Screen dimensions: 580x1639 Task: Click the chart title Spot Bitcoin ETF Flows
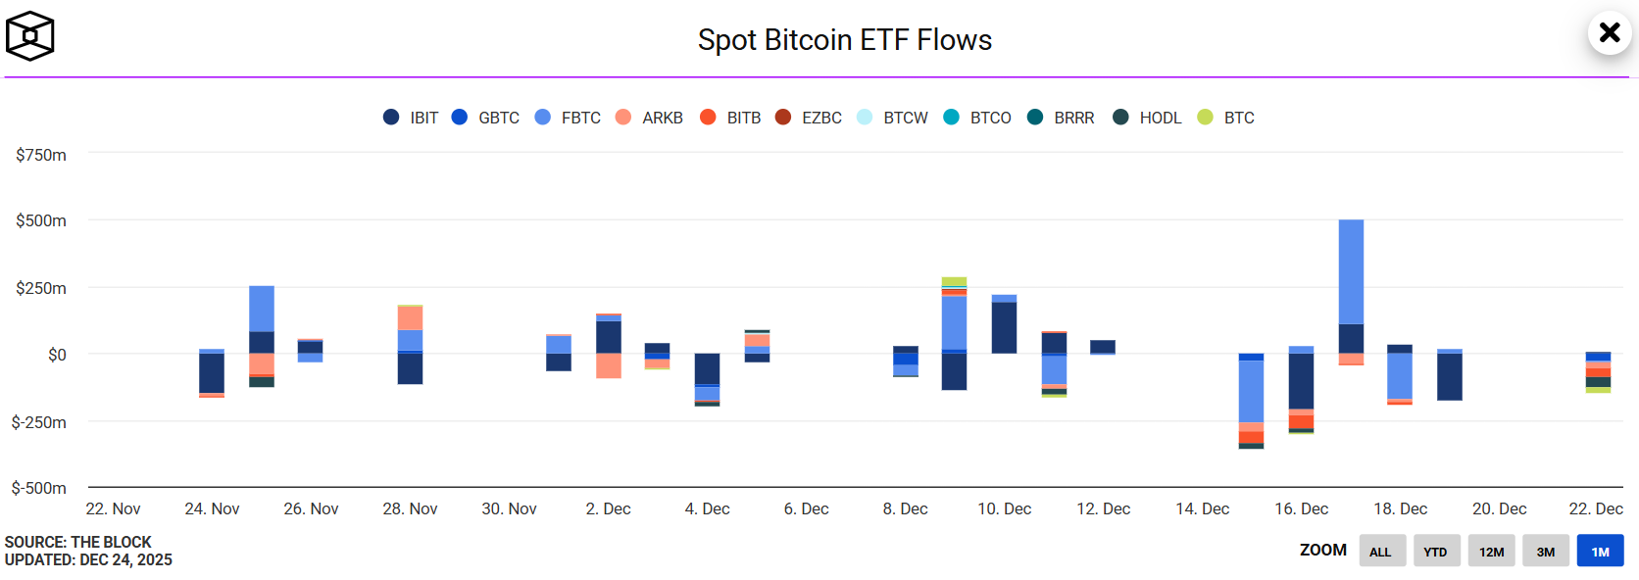click(x=844, y=40)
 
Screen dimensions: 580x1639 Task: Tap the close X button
click(x=1609, y=32)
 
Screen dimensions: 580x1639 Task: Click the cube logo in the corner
click(x=30, y=36)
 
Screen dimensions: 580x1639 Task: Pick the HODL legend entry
click(x=1148, y=118)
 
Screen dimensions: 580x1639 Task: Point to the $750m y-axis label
click(x=41, y=155)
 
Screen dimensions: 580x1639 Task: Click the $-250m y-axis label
click(x=39, y=422)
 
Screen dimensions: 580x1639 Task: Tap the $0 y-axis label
click(x=57, y=355)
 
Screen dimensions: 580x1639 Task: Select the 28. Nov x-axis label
click(x=410, y=508)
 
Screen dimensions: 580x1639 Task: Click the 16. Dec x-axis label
click(x=1301, y=508)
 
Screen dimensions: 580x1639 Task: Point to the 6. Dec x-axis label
click(x=806, y=508)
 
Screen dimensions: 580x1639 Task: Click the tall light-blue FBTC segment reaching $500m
click(x=1351, y=271)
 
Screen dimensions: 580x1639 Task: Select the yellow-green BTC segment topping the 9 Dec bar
click(x=954, y=281)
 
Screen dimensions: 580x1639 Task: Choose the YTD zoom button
click(x=1435, y=551)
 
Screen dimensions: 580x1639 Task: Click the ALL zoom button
click(x=1380, y=551)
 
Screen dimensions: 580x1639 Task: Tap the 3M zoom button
click(x=1545, y=551)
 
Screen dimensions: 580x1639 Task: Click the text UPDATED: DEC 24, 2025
click(x=88, y=560)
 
